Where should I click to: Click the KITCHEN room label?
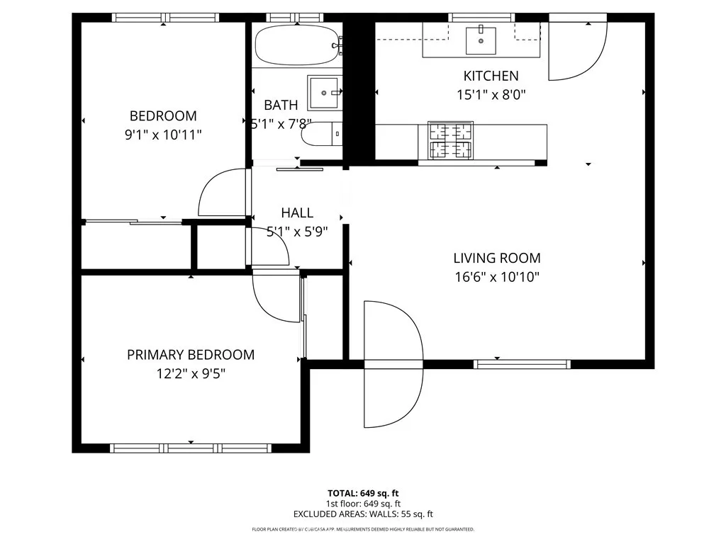pyautogui.click(x=491, y=76)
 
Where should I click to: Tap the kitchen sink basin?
pyautogui.click(x=482, y=40)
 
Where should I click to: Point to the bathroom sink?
pyautogui.click(x=325, y=91)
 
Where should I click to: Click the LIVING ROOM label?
pyautogui.click(x=496, y=259)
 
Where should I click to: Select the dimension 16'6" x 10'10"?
pyautogui.click(x=496, y=277)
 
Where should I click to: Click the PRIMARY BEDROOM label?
pyautogui.click(x=190, y=355)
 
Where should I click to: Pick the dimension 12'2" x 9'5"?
pyautogui.click(x=190, y=373)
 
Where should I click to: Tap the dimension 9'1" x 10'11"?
pyautogui.click(x=162, y=134)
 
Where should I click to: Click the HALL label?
pyautogui.click(x=296, y=212)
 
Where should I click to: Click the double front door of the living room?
pyautogui.click(x=392, y=365)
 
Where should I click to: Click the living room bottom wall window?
pyautogui.click(x=522, y=364)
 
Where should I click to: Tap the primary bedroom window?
pyautogui.click(x=191, y=448)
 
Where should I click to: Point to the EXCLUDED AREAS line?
pyautogui.click(x=363, y=514)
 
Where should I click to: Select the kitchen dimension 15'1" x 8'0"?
pyautogui.click(x=491, y=93)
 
